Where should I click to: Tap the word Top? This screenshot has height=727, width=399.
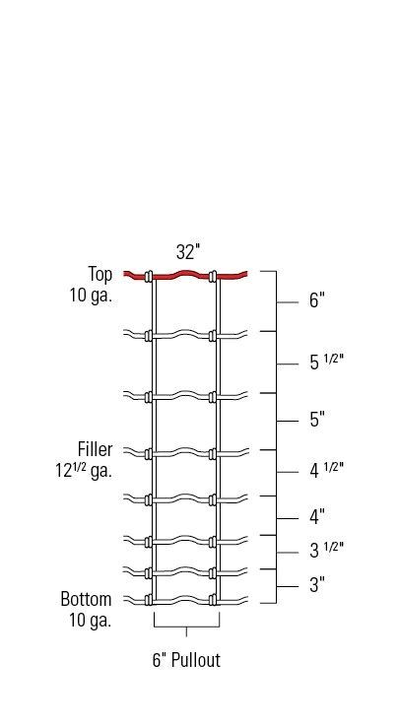[x=100, y=275]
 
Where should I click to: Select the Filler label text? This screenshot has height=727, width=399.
[x=95, y=451]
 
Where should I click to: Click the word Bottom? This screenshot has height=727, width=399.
[x=86, y=600]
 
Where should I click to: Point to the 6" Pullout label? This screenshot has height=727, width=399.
[x=186, y=661]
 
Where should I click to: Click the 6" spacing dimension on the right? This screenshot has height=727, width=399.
[x=317, y=301]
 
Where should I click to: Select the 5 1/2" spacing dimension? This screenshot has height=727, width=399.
[x=326, y=363]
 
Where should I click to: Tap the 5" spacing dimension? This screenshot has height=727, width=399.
[x=317, y=421]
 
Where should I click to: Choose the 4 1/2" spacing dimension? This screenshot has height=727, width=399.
[x=326, y=471]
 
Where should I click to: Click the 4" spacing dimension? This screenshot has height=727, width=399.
[x=317, y=516]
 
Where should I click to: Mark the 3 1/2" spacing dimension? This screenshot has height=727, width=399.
[x=326, y=551]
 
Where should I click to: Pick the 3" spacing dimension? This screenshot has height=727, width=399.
[x=317, y=585]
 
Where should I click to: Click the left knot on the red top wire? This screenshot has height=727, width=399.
[x=150, y=276]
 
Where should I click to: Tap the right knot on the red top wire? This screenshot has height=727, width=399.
[x=215, y=276]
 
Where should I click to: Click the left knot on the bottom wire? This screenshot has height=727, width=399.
[x=150, y=600]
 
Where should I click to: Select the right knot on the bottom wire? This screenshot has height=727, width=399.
[x=215, y=600]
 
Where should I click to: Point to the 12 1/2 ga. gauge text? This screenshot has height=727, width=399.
[x=84, y=471]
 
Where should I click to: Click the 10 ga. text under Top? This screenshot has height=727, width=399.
[x=90, y=295]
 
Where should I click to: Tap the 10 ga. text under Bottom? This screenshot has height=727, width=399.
[x=90, y=620]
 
